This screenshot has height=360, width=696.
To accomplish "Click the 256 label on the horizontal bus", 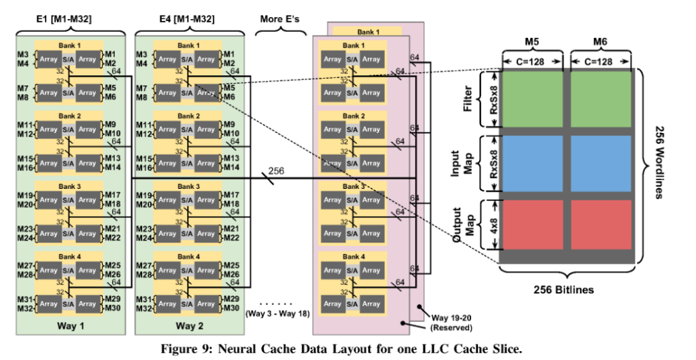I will coord(277,170).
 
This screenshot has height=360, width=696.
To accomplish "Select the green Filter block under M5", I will coord(532,99).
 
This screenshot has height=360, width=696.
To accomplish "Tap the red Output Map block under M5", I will coord(532,228).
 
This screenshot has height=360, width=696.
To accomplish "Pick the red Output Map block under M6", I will coord(601,228).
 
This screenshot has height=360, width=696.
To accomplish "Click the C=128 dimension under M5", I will coord(532,62).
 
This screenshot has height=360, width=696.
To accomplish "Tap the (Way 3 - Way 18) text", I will coord(276,314).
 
